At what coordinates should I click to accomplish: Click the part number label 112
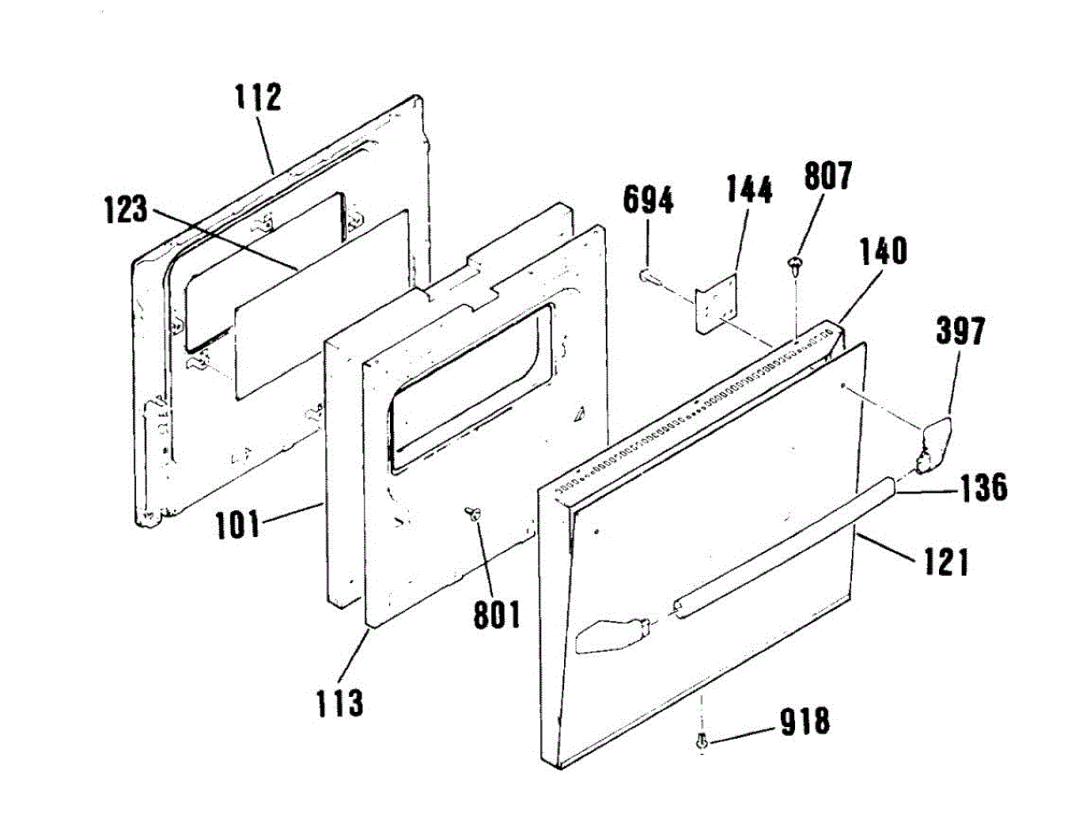[258, 96]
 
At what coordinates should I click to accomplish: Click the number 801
[496, 614]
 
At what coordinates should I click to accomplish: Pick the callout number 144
[749, 190]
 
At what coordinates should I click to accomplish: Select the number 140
[882, 252]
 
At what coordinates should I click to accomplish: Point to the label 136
[982, 489]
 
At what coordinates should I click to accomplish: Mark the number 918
[805, 722]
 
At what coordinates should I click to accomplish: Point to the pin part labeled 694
[646, 276]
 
